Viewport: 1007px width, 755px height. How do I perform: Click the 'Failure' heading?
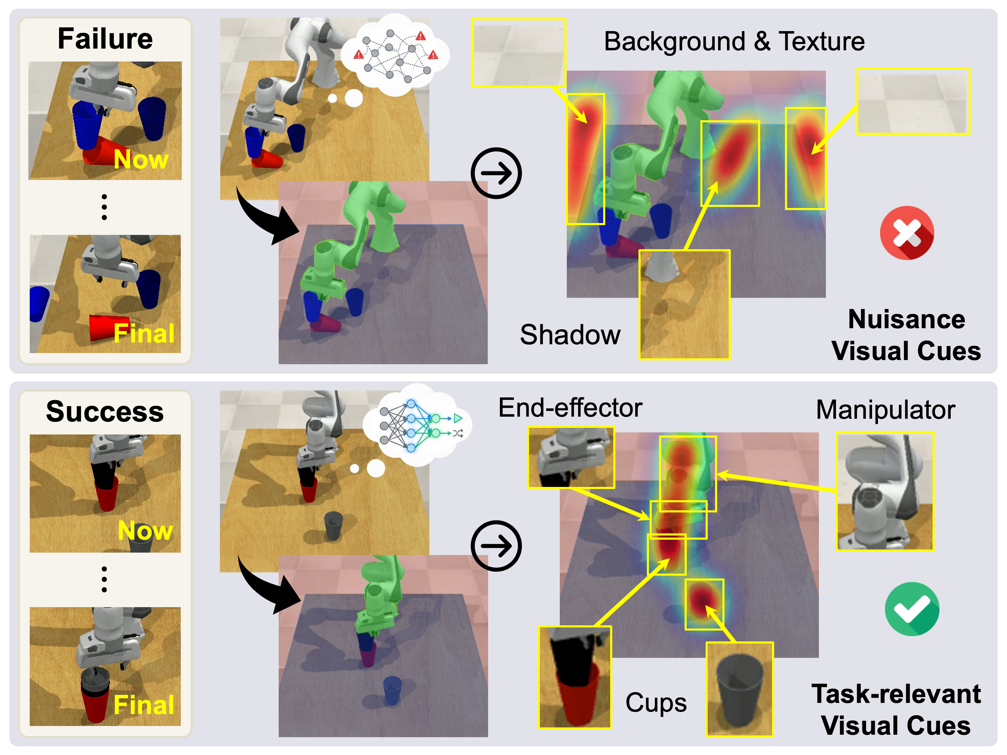pos(105,39)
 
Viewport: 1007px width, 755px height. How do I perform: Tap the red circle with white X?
pos(907,233)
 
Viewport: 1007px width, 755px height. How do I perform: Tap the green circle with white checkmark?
pos(912,609)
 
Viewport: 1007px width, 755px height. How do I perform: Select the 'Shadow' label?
pos(570,335)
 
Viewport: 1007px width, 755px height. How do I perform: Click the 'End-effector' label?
pos(570,408)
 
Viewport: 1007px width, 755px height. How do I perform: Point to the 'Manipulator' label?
pos(885,410)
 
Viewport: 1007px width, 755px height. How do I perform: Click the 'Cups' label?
pos(656,703)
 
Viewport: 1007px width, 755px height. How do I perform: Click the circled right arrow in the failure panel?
pos(496,173)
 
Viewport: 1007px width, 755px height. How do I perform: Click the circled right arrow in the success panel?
pos(496,546)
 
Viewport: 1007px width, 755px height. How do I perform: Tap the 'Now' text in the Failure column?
pos(141,159)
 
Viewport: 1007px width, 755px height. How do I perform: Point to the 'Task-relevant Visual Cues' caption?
pos(896,710)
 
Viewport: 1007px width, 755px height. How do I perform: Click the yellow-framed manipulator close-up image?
pos(885,491)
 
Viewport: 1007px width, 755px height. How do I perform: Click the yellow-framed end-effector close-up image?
pos(571,457)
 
